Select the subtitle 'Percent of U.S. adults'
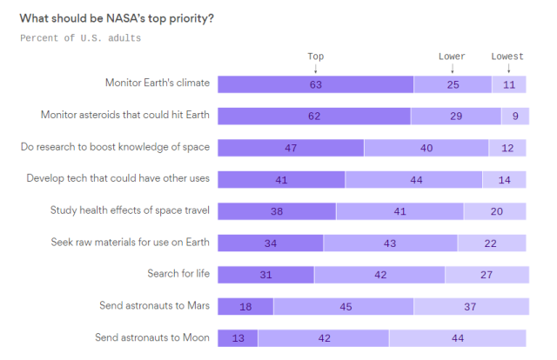80,38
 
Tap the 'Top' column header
315,57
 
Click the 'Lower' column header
452,57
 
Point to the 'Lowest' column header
507,57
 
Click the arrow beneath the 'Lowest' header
508,68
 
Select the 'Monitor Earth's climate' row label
158,83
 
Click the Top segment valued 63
315,84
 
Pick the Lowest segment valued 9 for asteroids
514,116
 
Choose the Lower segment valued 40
426,148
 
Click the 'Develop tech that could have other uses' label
118,178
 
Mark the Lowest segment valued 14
505,179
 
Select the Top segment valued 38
276,211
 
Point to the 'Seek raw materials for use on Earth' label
128,242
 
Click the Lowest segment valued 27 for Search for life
487,275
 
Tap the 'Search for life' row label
178,274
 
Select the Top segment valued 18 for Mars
245,306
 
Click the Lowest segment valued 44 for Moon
458,337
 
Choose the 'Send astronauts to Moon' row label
153,337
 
